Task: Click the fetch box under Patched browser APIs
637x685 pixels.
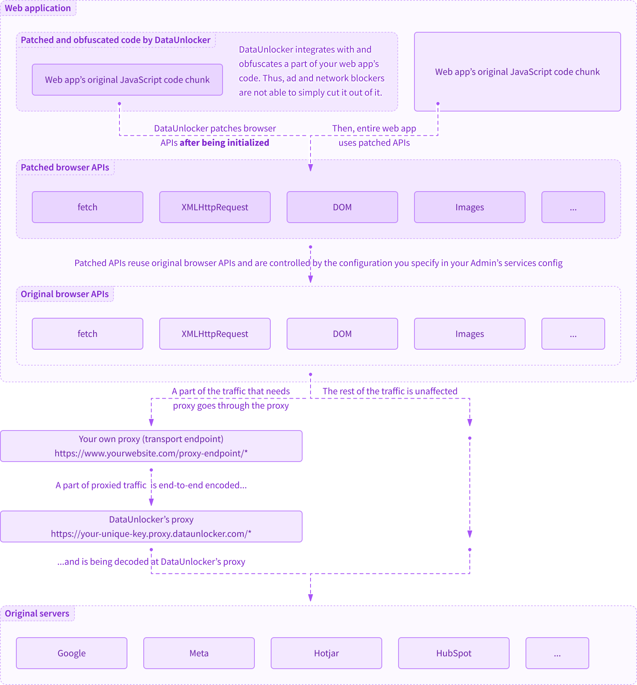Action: pyautogui.click(x=87, y=207)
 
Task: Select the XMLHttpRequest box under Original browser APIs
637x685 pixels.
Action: pyautogui.click(x=215, y=334)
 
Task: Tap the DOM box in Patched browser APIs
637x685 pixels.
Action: pyautogui.click(x=342, y=207)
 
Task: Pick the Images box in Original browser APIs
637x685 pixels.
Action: pyautogui.click(x=469, y=334)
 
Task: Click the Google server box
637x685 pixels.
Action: pyautogui.click(x=72, y=653)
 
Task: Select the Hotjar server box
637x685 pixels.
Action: pyautogui.click(x=326, y=653)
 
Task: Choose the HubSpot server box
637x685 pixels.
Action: pyautogui.click(x=453, y=653)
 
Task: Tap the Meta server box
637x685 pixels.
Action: pyautogui.click(x=199, y=653)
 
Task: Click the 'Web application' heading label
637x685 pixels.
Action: pyautogui.click(x=38, y=8)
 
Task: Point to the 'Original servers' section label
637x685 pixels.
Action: pyautogui.click(x=37, y=613)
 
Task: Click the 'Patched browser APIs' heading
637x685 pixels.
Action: pyautogui.click(x=65, y=167)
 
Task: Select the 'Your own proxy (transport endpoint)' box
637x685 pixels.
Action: pyautogui.click(x=151, y=446)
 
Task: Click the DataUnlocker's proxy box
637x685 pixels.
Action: pyautogui.click(x=151, y=526)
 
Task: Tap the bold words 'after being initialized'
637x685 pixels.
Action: pyautogui.click(x=224, y=143)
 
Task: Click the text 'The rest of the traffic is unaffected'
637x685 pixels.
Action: pyautogui.click(x=390, y=391)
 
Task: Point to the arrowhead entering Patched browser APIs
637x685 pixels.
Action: pyautogui.click(x=311, y=168)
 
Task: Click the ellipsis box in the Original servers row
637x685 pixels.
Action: pyautogui.click(x=557, y=653)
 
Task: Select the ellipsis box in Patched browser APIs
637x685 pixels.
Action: pyautogui.click(x=573, y=207)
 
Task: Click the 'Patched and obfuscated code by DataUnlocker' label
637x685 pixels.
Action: pyautogui.click(x=115, y=40)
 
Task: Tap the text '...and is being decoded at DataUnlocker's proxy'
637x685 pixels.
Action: pyautogui.click(x=151, y=562)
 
